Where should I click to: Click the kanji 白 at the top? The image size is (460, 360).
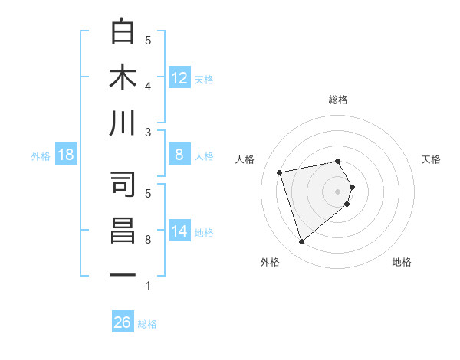(x=123, y=31)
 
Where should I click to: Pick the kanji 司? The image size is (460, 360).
(x=123, y=185)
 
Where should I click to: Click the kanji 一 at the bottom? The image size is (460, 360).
(x=123, y=276)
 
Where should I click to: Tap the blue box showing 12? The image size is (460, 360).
(x=179, y=78)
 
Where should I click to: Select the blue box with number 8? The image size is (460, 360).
(x=179, y=155)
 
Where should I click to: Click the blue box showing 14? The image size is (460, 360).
(x=179, y=231)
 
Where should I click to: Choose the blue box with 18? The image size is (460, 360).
(x=66, y=155)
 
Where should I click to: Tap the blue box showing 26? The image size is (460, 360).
(x=123, y=322)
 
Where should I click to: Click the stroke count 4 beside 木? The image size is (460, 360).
(x=148, y=86)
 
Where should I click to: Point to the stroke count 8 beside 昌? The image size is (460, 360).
(x=148, y=240)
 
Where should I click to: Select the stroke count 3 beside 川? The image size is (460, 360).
(x=148, y=133)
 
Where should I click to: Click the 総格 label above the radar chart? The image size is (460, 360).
(x=337, y=100)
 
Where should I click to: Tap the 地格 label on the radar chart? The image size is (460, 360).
(x=402, y=263)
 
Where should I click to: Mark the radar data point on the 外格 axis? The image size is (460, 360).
(x=301, y=242)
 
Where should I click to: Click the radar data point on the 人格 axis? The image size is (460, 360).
(x=280, y=172)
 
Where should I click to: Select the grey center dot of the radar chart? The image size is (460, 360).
(x=337, y=190)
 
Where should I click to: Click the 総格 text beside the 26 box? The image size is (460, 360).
(x=147, y=324)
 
